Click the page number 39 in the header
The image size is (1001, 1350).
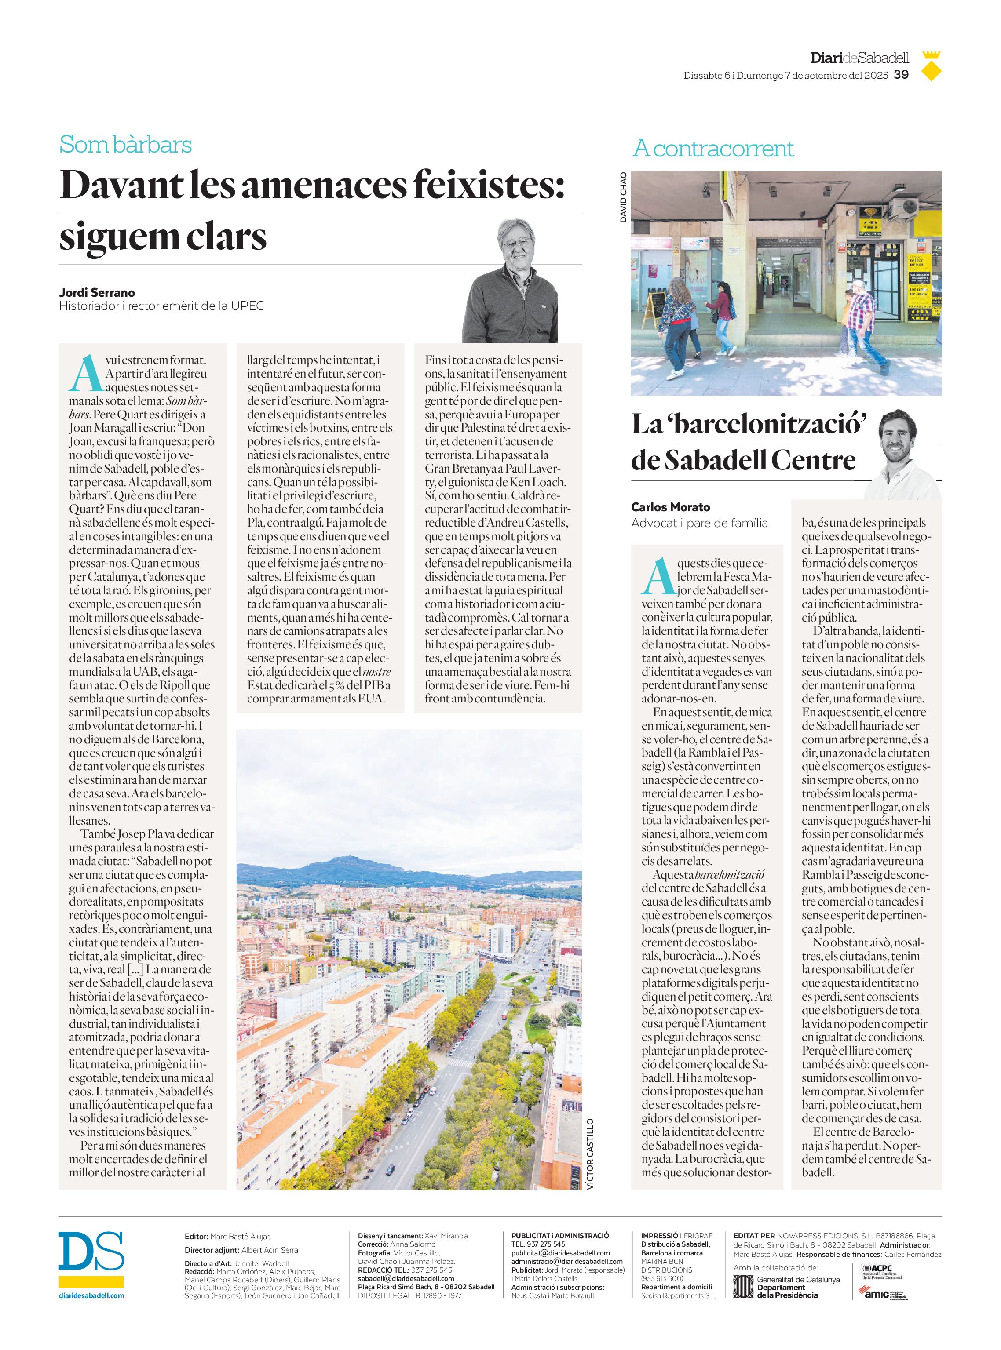pos(902,74)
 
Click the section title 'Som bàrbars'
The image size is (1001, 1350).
pos(125,144)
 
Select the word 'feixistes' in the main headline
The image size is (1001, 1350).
pos(488,184)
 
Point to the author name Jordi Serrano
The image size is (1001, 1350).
pos(97,292)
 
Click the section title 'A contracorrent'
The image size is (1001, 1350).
pos(712,149)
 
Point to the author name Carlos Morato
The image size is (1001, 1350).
pos(670,507)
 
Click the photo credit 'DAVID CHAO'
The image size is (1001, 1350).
pos(623,197)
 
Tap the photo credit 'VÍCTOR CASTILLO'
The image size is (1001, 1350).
pos(590,1154)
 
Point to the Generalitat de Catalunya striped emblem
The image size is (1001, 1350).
pos(742,1286)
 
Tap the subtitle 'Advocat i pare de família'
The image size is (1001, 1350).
pos(699,523)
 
